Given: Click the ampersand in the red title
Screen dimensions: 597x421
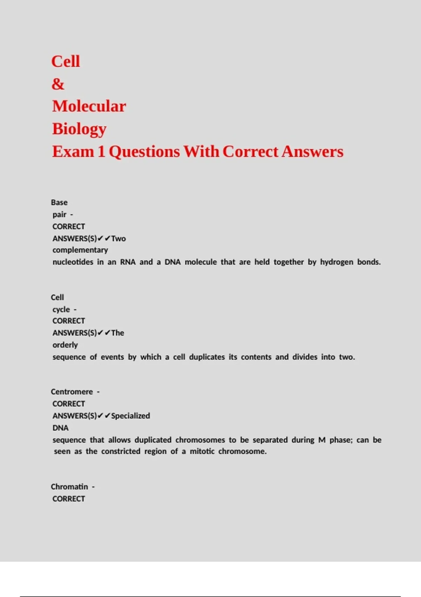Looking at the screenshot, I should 58,84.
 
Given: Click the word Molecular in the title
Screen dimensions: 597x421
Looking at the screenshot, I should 89,106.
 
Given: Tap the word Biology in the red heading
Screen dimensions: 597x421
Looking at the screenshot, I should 79,129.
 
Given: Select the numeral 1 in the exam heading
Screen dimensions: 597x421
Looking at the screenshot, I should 101,152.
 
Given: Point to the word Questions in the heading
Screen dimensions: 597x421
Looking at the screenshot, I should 144,152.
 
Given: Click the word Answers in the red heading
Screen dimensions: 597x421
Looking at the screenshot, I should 312,152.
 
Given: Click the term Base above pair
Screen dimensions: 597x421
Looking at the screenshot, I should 59,203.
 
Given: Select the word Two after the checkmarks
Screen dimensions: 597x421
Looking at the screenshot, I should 119,239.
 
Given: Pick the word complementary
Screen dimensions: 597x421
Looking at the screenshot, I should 80,250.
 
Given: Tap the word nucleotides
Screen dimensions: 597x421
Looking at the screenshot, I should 73,262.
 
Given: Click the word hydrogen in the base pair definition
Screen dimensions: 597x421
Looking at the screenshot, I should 336,262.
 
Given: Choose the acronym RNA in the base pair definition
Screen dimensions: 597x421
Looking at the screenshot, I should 128,262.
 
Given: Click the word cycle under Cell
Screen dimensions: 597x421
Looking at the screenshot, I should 61,310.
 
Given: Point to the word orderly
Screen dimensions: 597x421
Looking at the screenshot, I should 65,345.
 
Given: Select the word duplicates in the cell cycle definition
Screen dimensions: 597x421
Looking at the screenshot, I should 207,357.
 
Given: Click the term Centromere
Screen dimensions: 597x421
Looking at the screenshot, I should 72,392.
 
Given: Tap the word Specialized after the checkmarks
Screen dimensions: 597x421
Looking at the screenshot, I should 131,416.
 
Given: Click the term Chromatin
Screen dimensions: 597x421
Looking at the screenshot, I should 69,487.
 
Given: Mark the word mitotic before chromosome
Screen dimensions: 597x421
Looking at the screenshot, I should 202,452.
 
